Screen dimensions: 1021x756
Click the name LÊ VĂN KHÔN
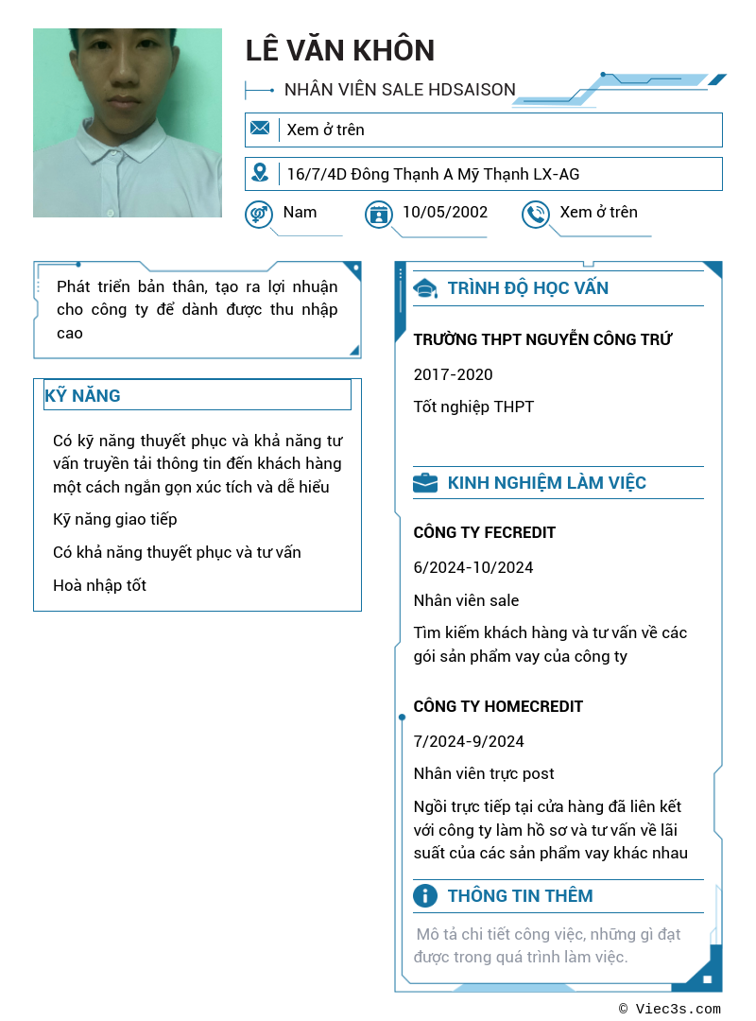[x=340, y=50]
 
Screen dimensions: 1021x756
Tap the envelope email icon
[x=260, y=129]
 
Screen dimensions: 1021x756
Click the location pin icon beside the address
[x=260, y=173]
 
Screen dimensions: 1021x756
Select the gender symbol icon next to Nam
[x=258, y=215]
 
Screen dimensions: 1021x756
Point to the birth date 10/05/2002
[x=445, y=212]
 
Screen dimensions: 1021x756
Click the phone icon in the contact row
[x=536, y=215]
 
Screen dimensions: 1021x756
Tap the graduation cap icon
[x=425, y=288]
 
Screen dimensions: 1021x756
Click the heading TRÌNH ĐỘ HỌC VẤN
[x=527, y=288]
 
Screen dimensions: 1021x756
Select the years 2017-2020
[x=453, y=374]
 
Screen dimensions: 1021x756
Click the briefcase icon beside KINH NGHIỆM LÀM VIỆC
[x=425, y=483]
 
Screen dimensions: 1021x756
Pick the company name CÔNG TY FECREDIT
[x=484, y=532]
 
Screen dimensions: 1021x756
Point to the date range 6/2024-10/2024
[x=472, y=567]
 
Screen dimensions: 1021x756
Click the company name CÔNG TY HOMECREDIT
[x=498, y=706]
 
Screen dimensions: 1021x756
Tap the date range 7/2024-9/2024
[x=468, y=741]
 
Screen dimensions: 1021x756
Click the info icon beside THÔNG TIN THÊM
[x=425, y=896]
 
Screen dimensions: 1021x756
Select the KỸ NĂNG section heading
[x=82, y=395]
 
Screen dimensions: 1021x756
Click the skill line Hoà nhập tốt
[x=99, y=585]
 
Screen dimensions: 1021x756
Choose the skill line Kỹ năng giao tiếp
[x=114, y=519]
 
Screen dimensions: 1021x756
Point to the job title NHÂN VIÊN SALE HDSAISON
[x=400, y=90]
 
